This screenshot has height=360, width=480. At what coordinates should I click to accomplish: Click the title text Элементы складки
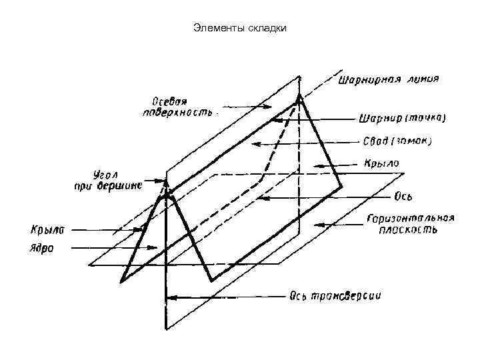239,28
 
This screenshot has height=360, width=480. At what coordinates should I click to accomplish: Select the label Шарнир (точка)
402,119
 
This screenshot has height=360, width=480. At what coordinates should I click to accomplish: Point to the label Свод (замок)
397,141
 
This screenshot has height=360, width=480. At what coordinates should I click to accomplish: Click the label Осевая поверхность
177,107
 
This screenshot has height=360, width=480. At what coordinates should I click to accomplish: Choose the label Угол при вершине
107,180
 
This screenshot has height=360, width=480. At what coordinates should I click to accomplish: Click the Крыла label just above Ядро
46,231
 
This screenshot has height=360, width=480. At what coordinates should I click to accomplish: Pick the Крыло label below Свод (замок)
381,162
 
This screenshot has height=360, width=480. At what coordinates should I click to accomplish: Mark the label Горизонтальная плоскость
409,225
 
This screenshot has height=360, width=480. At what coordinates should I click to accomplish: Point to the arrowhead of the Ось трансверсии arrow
168,297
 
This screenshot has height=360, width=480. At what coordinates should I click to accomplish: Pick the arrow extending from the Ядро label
113,249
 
